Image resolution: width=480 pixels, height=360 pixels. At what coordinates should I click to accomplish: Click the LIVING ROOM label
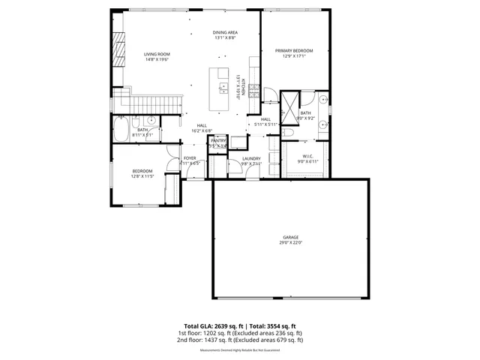click(157, 54)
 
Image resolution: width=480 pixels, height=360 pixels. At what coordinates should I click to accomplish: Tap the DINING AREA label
click(225, 33)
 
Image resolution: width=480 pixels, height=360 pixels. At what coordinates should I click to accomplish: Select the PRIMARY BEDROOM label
click(298, 50)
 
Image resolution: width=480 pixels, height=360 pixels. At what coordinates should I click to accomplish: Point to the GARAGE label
click(290, 236)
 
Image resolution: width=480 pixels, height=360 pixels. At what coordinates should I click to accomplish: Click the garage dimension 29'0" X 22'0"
click(290, 241)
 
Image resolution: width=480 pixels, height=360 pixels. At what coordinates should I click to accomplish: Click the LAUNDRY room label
click(251, 158)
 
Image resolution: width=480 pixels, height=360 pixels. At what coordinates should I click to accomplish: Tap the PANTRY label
click(218, 140)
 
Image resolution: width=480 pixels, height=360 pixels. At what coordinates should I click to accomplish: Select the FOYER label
click(190, 158)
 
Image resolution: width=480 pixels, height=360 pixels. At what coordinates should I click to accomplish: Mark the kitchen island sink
click(223, 88)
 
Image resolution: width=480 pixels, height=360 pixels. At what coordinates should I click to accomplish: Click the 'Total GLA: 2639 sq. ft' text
click(207, 327)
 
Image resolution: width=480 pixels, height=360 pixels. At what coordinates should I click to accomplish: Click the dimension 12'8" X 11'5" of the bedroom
click(142, 177)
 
